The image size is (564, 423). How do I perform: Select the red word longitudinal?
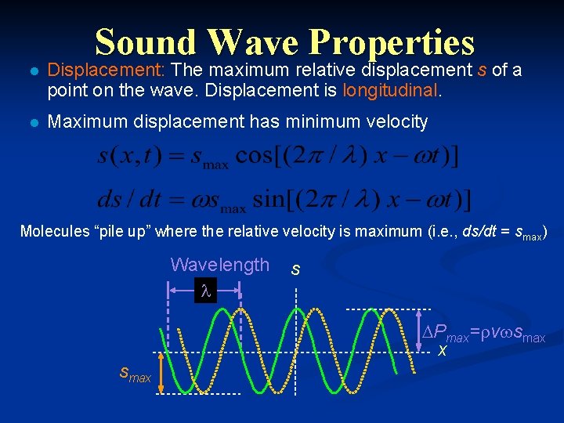click(391, 91)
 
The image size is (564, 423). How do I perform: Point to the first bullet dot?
click(31, 71)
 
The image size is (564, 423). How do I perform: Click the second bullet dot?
click(31, 121)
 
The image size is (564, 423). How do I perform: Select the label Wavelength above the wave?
click(219, 265)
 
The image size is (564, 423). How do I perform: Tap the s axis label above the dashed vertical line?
click(295, 270)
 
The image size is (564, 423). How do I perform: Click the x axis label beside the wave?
click(443, 350)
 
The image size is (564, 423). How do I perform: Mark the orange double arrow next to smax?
click(161, 371)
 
